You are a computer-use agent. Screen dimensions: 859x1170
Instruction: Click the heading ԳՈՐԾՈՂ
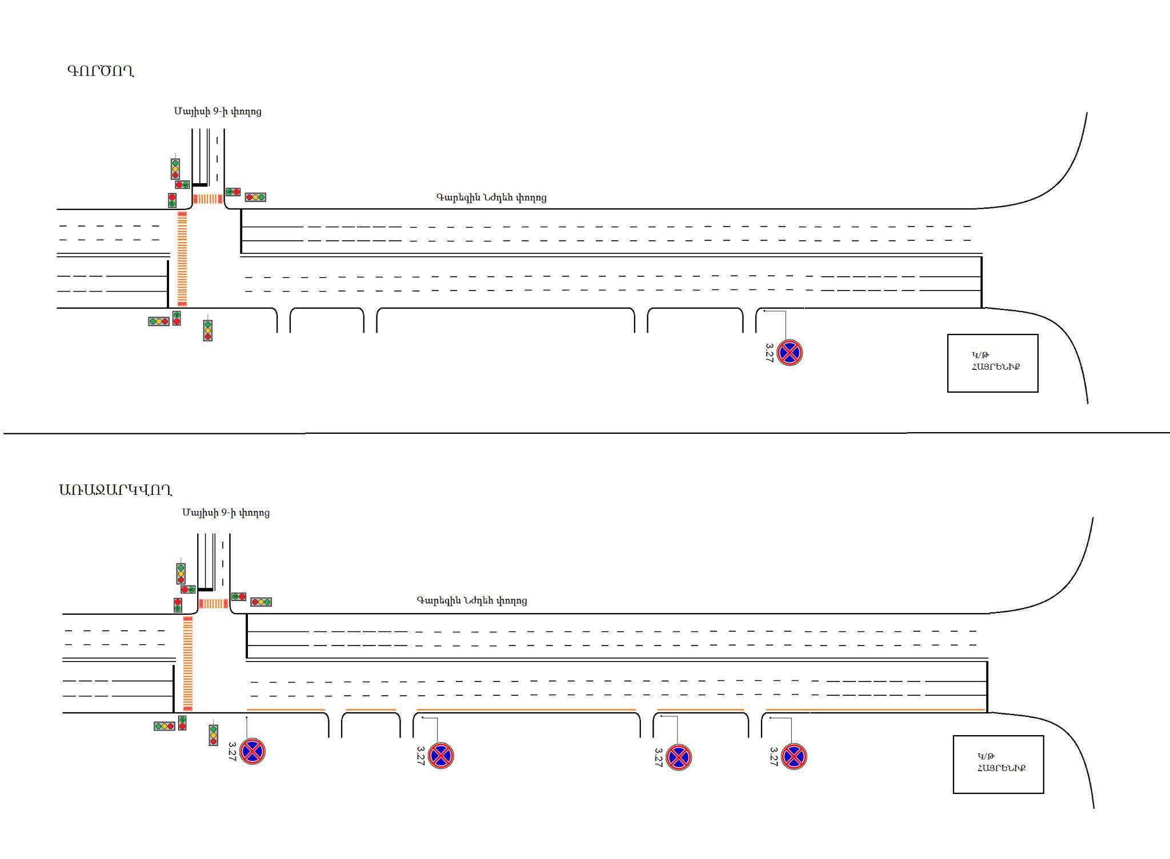(101, 71)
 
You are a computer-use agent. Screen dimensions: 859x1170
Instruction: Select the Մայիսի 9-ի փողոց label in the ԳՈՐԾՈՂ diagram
(218, 111)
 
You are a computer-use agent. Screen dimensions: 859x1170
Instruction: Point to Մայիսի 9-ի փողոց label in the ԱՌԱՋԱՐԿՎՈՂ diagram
(226, 513)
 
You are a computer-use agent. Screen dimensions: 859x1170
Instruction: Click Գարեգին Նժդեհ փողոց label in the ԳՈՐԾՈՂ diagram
(491, 197)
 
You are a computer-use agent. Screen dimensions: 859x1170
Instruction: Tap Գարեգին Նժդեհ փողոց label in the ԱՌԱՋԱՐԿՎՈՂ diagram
(472, 600)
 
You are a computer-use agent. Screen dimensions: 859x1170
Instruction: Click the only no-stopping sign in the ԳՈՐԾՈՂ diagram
(790, 353)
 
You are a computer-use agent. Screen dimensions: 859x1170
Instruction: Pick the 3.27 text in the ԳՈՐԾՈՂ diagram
(769, 352)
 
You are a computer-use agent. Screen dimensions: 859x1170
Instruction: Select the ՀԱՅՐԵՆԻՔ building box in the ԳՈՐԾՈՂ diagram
(992, 363)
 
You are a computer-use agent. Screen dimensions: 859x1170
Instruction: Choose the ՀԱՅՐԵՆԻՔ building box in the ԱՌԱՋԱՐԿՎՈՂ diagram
(998, 764)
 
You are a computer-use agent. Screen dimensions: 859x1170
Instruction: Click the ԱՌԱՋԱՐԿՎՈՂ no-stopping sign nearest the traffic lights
(253, 751)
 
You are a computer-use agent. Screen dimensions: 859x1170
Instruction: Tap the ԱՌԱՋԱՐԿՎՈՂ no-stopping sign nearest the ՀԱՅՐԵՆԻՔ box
(794, 757)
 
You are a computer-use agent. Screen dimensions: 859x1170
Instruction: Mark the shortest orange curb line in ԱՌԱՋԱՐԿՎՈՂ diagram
(371, 710)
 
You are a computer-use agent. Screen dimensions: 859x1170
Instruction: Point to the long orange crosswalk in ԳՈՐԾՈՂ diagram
(182, 259)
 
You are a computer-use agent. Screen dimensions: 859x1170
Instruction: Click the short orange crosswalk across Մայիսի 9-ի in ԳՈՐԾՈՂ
(207, 199)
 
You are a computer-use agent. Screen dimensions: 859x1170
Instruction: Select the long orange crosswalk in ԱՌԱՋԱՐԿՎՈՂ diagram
(188, 663)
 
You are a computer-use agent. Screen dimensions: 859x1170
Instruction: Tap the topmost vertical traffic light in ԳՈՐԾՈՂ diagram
(175, 169)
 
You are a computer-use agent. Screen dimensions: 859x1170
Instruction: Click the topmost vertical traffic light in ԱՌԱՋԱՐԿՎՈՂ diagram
(181, 573)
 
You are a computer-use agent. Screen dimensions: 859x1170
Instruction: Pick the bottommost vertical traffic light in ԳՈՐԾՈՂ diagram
(207, 330)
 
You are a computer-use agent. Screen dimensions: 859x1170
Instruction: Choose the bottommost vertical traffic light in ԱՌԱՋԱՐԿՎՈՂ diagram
(213, 735)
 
